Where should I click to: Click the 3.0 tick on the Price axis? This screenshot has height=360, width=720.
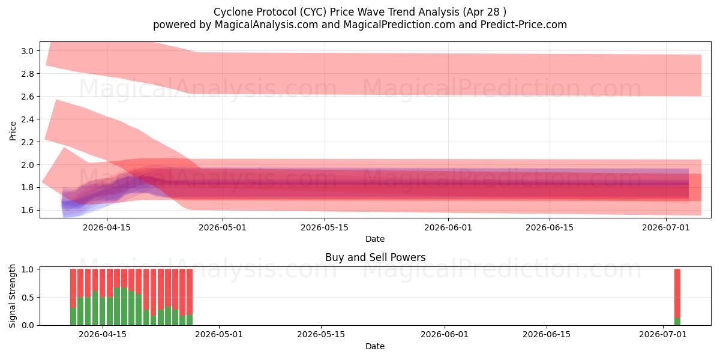point(27,51)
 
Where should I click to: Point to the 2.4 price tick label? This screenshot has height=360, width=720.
point(27,119)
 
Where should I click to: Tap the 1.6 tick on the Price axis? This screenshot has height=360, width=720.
point(27,210)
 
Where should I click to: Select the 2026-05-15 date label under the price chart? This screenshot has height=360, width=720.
point(325,227)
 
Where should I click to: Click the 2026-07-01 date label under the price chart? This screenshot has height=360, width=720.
point(665,227)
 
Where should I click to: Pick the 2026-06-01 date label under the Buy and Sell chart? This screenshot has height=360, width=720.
point(445,334)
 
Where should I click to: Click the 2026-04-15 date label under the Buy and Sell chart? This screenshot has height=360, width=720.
point(103,334)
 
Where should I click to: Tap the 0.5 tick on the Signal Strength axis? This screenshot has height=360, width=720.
point(27,298)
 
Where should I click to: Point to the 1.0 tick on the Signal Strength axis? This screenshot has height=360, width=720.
point(27,269)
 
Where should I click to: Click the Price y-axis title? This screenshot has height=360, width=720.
point(13,131)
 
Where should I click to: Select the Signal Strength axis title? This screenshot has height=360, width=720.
point(12,296)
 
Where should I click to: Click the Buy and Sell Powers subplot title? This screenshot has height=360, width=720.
point(375,257)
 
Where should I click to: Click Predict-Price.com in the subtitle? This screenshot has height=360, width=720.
point(523,25)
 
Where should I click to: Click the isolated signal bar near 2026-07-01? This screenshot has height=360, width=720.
point(677,297)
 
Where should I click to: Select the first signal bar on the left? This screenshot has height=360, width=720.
point(73,297)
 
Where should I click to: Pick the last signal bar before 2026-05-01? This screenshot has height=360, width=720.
point(190,297)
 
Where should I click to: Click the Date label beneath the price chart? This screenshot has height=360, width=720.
point(375,239)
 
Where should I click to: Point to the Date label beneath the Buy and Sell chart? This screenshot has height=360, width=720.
point(375,346)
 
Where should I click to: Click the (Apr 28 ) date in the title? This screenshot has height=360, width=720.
point(484,12)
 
